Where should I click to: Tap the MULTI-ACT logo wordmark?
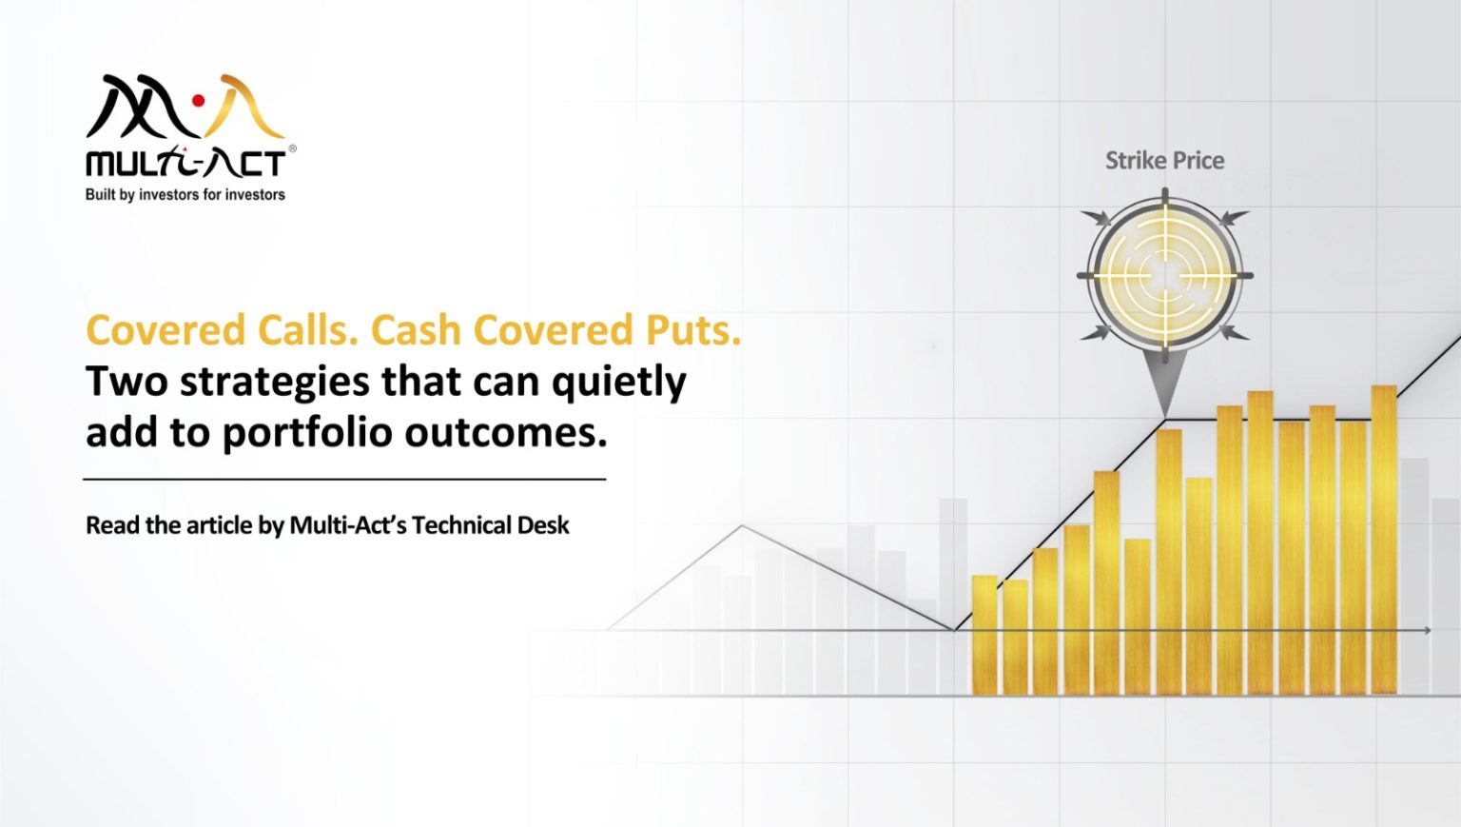click(x=185, y=164)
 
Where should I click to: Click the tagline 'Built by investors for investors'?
click(x=185, y=195)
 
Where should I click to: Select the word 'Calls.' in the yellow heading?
click(x=306, y=331)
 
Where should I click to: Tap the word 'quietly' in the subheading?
click(x=619, y=383)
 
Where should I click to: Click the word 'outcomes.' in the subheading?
click(x=506, y=433)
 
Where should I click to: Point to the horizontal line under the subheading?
click(x=344, y=480)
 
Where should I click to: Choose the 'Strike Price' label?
click(x=1164, y=161)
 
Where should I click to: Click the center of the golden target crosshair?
click(x=1165, y=276)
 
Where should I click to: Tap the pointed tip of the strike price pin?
click(x=1165, y=416)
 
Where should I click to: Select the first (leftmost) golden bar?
click(x=984, y=635)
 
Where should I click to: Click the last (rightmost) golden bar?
click(x=1384, y=540)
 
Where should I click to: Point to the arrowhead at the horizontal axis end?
click(x=1427, y=630)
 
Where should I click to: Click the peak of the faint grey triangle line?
click(x=742, y=526)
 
